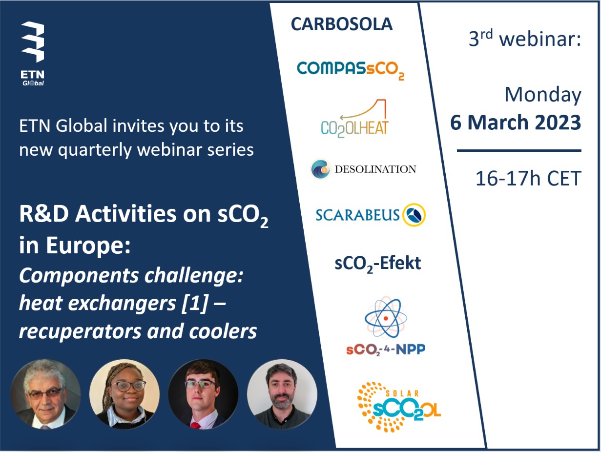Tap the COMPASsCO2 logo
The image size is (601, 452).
pos(351,69)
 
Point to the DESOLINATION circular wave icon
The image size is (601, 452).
pos(321,169)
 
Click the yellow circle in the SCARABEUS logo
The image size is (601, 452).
pos(414,214)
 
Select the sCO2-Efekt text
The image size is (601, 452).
pos(377,264)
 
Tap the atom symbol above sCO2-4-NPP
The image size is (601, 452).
pos(385,318)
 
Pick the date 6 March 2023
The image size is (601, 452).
pos(516,123)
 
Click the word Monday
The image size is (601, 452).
pos(542,95)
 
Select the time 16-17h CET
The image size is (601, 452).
pos(528,179)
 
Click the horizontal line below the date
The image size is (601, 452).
pos(518,151)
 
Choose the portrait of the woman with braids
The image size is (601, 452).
pos(124,394)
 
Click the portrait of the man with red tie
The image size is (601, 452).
pos(203,394)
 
